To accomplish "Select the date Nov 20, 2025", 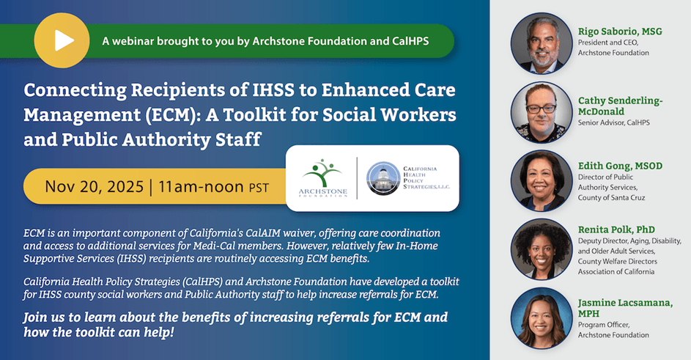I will (x=94, y=186).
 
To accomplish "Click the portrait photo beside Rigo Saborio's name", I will (x=541, y=44).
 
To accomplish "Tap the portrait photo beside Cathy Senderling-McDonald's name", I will (x=541, y=111).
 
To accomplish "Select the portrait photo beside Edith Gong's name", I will (x=541, y=180).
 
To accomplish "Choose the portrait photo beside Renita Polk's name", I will (x=541, y=247).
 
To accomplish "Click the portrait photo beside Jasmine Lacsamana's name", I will (x=541, y=317).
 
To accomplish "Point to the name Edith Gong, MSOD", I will (x=620, y=166).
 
